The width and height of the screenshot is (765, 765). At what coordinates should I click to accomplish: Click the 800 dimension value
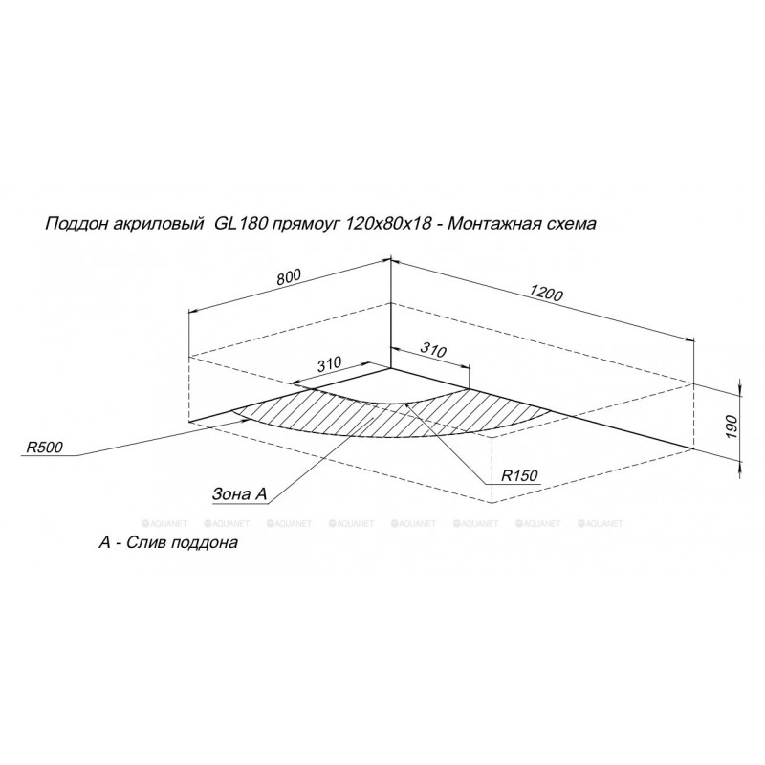tap(289, 276)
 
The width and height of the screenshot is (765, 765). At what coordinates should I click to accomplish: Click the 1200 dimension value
tap(546, 293)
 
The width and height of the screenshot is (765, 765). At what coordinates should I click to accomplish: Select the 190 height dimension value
tap(731, 426)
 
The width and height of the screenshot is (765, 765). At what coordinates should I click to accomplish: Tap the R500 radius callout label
tap(44, 448)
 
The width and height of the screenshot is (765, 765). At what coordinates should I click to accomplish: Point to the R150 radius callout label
tap(519, 475)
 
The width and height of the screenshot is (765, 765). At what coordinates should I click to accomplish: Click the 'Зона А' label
tap(240, 493)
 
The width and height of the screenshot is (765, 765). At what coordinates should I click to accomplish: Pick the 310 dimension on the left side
tap(329, 364)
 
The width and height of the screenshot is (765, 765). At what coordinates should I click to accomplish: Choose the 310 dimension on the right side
tap(433, 350)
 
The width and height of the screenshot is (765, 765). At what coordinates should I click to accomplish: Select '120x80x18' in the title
tap(388, 224)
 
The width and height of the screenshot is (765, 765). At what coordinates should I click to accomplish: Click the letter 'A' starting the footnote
tap(105, 542)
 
